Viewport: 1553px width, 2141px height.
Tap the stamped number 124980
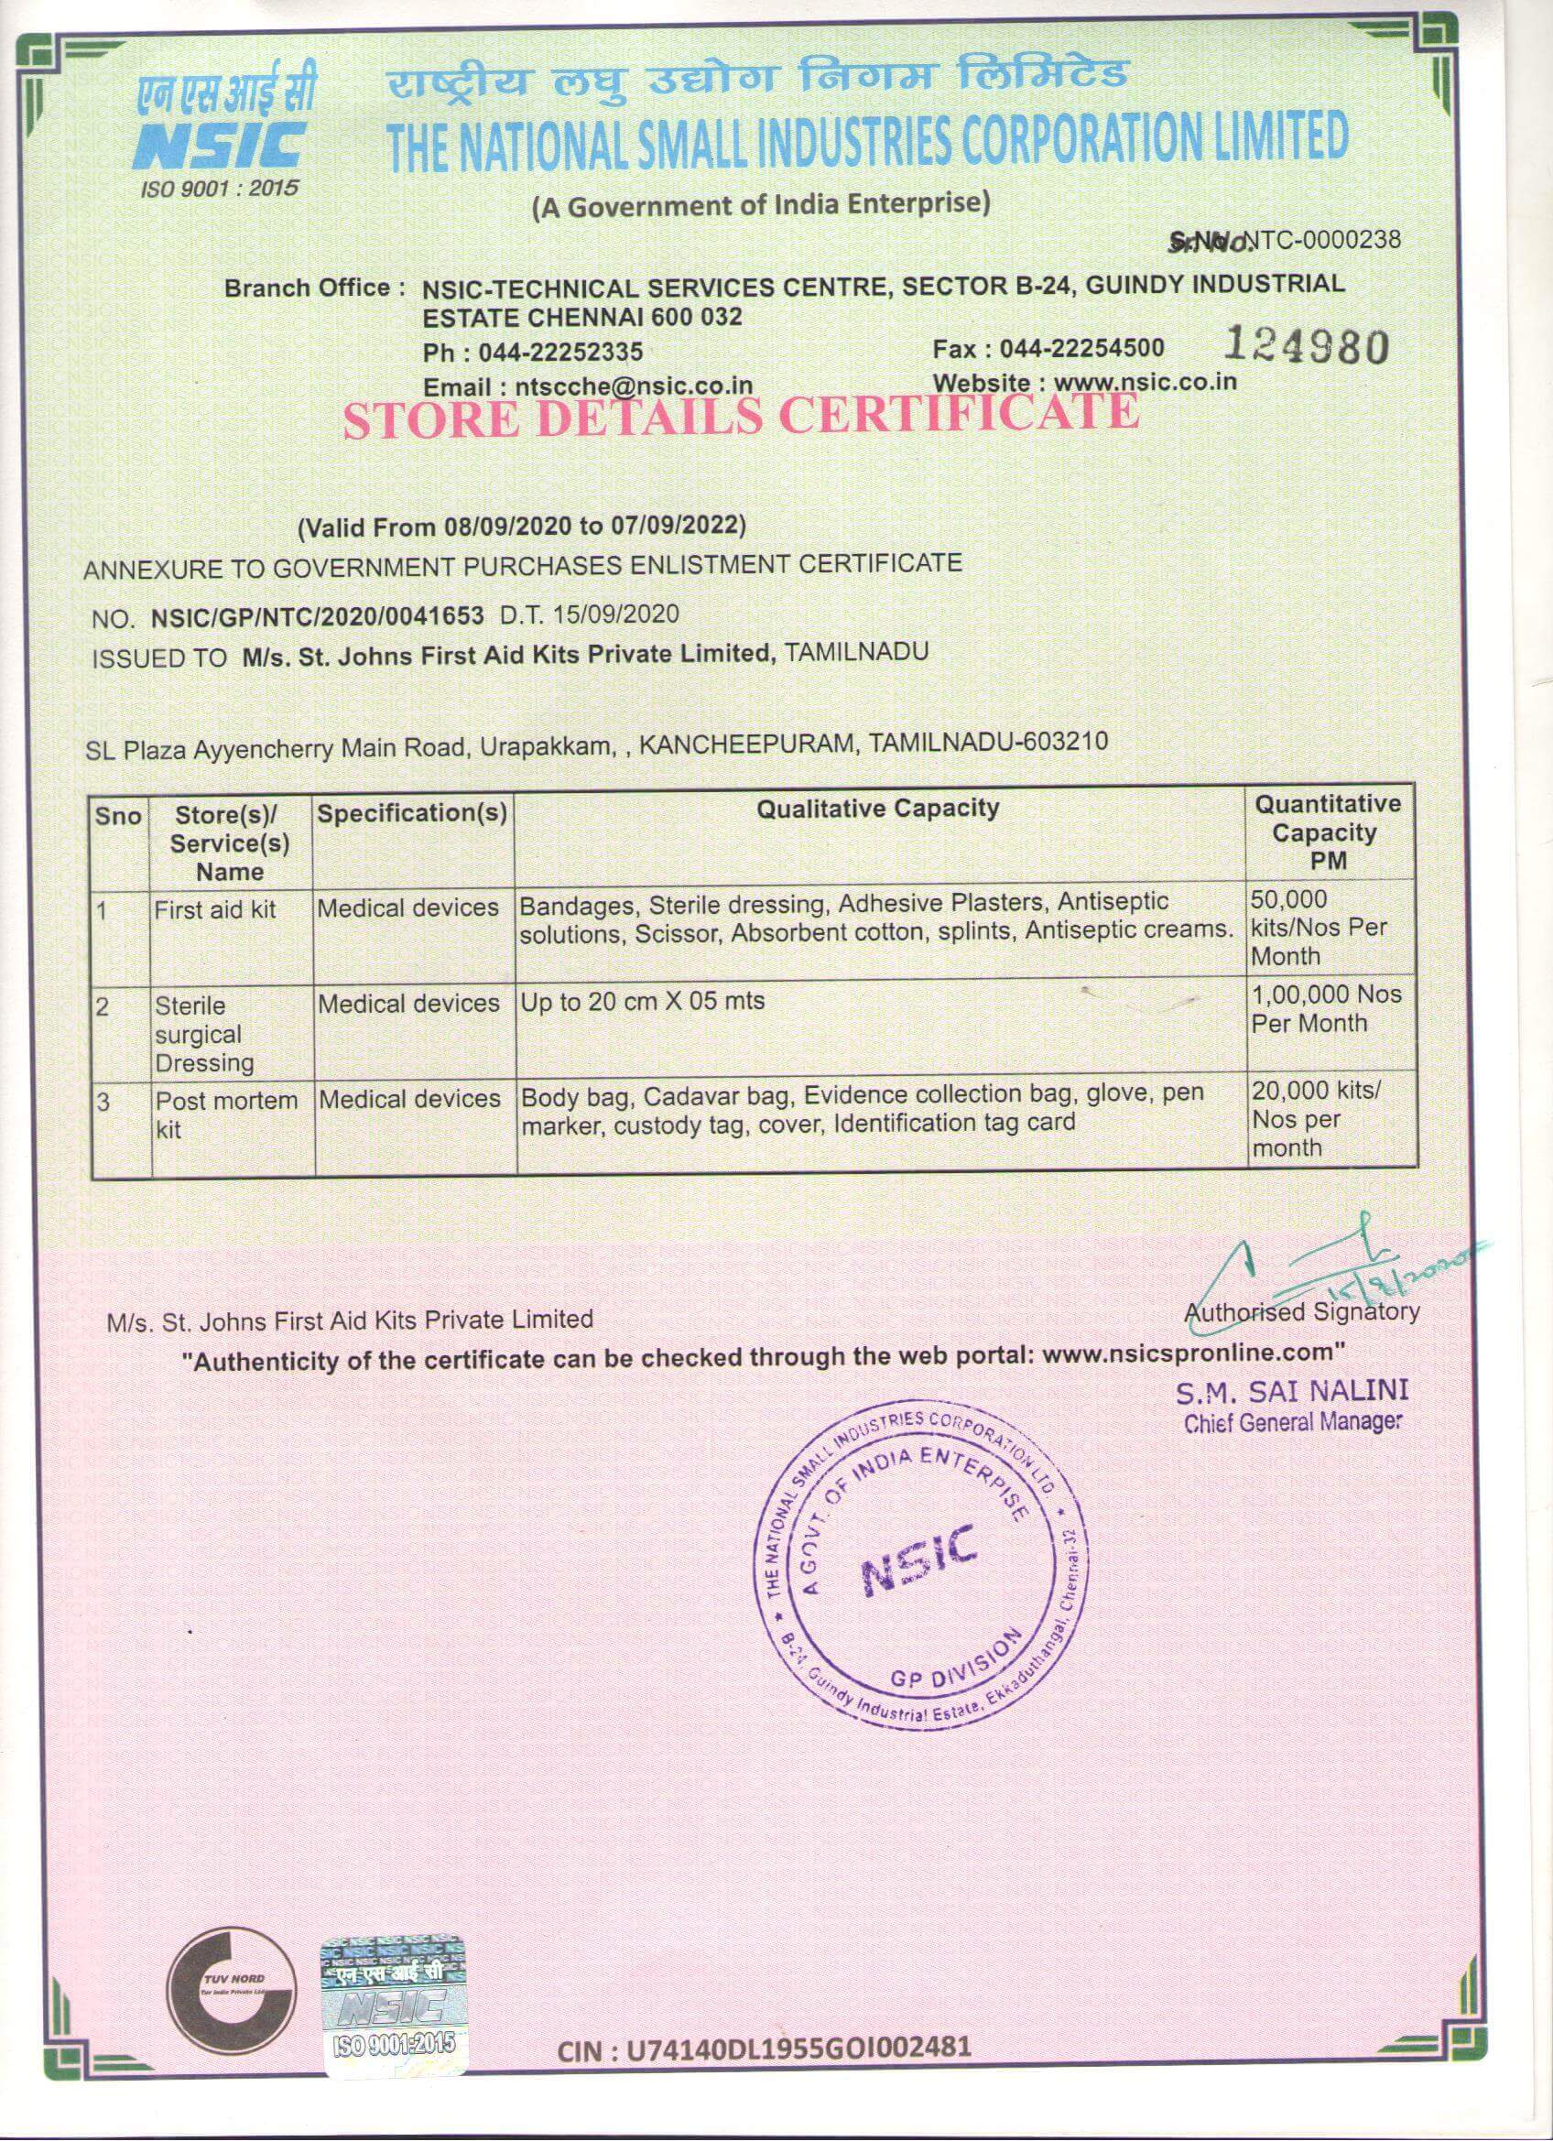[1306, 346]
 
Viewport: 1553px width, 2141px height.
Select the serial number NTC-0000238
[1321, 241]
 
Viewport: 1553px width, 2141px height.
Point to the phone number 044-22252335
[560, 353]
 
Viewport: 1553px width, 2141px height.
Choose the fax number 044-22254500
[1082, 348]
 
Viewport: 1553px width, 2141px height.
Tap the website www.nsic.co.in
[1145, 383]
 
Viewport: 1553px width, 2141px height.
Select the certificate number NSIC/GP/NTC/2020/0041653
[317, 617]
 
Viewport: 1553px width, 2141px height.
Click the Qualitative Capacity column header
[878, 808]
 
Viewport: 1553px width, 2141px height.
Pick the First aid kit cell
[215, 909]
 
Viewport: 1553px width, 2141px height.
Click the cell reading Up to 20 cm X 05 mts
[642, 1001]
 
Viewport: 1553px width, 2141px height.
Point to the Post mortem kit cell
[224, 1114]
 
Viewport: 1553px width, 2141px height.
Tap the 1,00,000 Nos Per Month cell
[1326, 1008]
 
